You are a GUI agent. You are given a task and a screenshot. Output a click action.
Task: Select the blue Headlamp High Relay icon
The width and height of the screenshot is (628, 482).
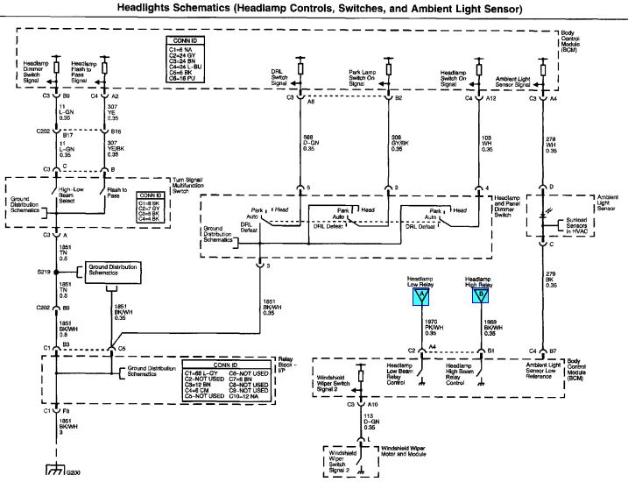pyautogui.click(x=479, y=295)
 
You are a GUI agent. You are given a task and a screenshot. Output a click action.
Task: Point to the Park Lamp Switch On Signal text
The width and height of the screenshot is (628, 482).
pyautogui.click(x=368, y=80)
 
